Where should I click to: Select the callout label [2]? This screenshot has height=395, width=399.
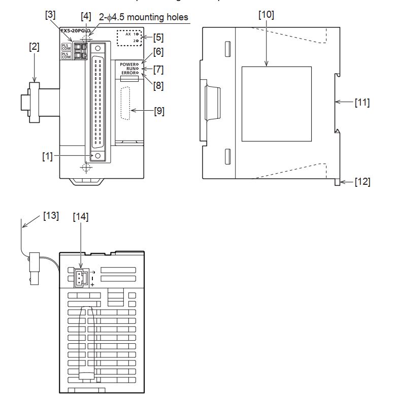34,47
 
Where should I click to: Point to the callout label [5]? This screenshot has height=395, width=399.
158,37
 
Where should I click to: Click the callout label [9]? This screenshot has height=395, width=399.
159,111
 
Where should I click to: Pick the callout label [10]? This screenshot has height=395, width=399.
266,15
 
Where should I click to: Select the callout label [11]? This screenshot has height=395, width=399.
362,103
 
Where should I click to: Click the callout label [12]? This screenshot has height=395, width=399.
362,182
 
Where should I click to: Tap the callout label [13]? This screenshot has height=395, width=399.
51,215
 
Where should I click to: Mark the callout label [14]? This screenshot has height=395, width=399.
80,217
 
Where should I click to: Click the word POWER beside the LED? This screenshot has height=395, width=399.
127,64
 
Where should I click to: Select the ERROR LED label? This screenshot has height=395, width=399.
128,73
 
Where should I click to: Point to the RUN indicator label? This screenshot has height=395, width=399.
131,69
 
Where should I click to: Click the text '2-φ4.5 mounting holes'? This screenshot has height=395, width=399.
143,17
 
